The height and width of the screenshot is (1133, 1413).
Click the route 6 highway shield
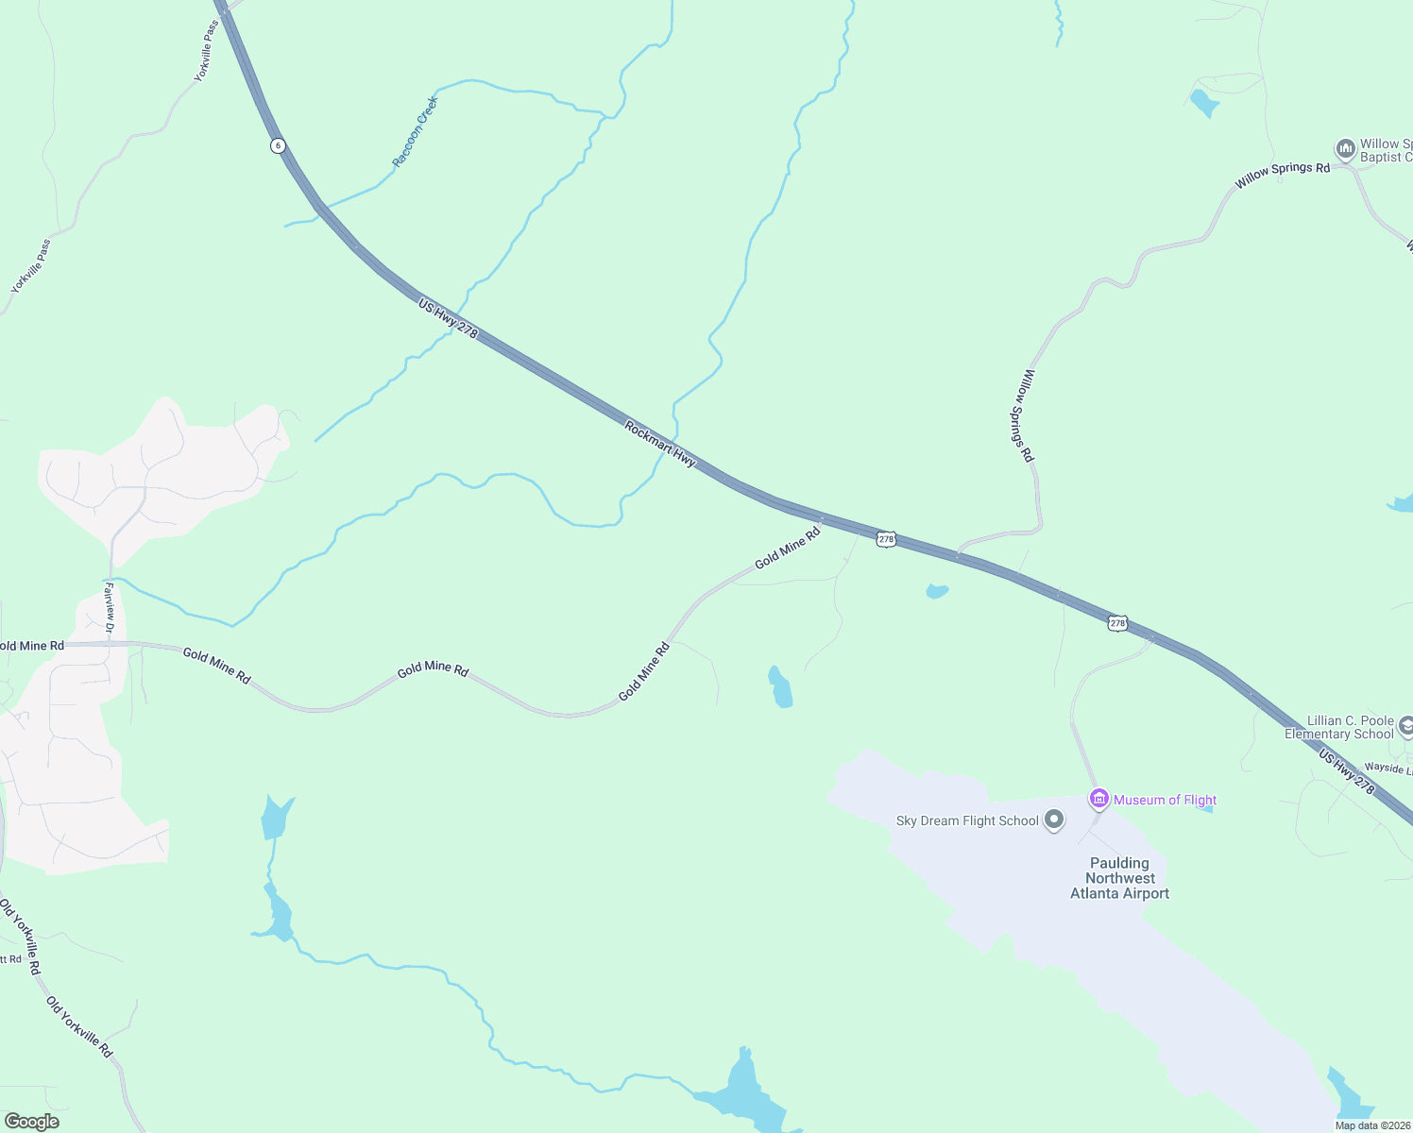tap(277, 145)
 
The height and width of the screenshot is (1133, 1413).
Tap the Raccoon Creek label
tap(416, 131)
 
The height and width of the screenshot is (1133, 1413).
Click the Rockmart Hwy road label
tap(660, 444)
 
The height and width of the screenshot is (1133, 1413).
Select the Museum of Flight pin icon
tap(1098, 799)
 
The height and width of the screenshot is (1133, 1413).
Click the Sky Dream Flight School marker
tap(1054, 820)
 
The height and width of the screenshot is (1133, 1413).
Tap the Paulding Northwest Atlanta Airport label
tap(1119, 878)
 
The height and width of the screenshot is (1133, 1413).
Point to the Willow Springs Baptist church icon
tap(1345, 149)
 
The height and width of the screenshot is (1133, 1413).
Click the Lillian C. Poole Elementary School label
tap(1338, 727)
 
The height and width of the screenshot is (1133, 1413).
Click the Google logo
tap(31, 1122)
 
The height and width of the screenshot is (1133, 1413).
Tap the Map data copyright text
tap(1371, 1125)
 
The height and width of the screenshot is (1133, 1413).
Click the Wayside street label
tap(1387, 769)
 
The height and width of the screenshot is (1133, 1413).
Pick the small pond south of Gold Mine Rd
tap(780, 688)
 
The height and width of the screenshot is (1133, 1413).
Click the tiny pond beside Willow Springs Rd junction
tap(936, 592)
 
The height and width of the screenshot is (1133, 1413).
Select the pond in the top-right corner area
tap(1204, 102)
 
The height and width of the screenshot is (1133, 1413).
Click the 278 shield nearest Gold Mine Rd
tap(885, 539)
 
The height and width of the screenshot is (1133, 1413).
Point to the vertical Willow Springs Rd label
tap(1025, 415)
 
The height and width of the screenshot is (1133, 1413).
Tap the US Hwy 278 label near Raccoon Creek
tap(448, 319)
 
